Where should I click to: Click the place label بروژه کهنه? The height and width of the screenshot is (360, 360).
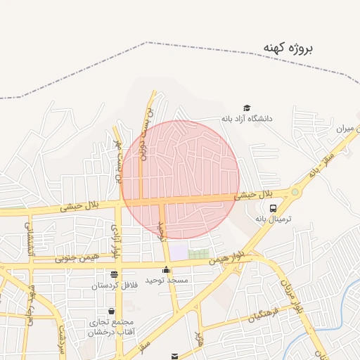click(x=288, y=48)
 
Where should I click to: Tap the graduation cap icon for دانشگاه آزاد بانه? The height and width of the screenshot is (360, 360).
click(x=247, y=108)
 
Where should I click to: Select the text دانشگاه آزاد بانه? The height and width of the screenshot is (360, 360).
click(x=247, y=119)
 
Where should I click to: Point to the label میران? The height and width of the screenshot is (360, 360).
click(x=347, y=129)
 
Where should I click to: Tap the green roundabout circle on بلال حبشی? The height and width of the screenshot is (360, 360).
click(x=295, y=192)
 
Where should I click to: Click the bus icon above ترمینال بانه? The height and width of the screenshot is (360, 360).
click(x=273, y=208)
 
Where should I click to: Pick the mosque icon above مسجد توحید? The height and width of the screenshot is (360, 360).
click(x=167, y=269)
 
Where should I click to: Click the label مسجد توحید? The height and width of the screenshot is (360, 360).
click(x=167, y=281)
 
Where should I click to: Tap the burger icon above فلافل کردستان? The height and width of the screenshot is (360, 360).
click(x=114, y=274)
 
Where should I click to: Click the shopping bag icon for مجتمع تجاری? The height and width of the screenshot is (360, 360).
click(x=111, y=311)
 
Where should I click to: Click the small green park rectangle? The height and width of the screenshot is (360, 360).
click(x=199, y=253)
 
